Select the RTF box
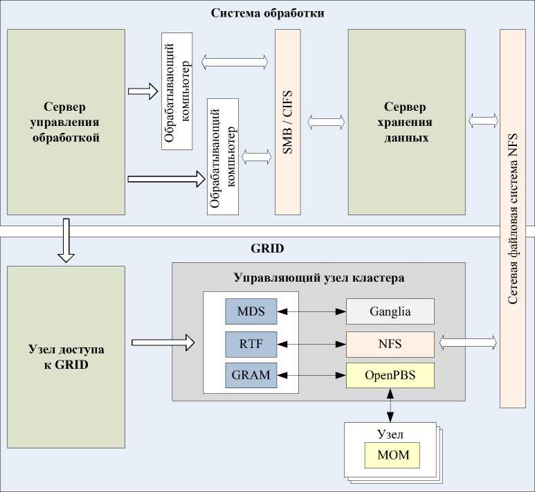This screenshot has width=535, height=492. (251, 343)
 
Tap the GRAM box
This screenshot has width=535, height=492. (251, 375)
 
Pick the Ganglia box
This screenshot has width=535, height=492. (390, 312)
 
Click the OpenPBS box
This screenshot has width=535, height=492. (390, 375)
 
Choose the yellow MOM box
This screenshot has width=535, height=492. (392, 455)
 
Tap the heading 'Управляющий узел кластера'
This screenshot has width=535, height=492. (319, 278)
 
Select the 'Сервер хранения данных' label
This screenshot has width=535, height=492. (406, 122)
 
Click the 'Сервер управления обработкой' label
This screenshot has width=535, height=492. (66, 122)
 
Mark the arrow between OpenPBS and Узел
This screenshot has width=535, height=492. (390, 405)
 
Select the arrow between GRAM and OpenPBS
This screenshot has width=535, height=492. (311, 375)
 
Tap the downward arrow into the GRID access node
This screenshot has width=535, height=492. (66, 240)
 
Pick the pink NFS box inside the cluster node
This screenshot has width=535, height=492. (390, 343)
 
